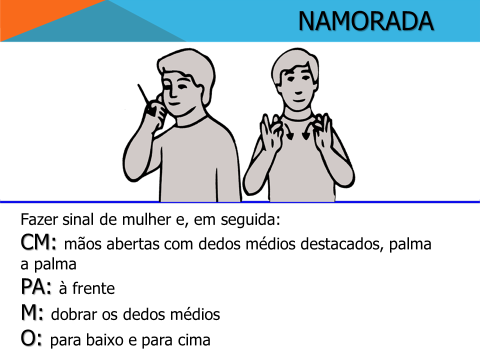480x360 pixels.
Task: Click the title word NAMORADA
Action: pyautogui.click(x=366, y=21)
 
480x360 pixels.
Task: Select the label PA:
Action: pyautogui.click(x=36, y=286)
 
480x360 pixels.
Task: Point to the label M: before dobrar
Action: pyautogui.click(x=32, y=312)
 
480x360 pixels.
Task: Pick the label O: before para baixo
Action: pyautogui.click(x=31, y=338)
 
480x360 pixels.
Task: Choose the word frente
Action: pyautogui.click(x=93, y=288)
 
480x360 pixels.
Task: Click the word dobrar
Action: pyautogui.click(x=74, y=314)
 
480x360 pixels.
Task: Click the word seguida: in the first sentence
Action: pyautogui.click(x=250, y=220)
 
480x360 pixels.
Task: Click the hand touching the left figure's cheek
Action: pyautogui.click(x=156, y=113)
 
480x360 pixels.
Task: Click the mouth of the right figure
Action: pyautogui.click(x=298, y=100)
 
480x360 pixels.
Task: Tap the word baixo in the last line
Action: pyautogui.click(x=104, y=340)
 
